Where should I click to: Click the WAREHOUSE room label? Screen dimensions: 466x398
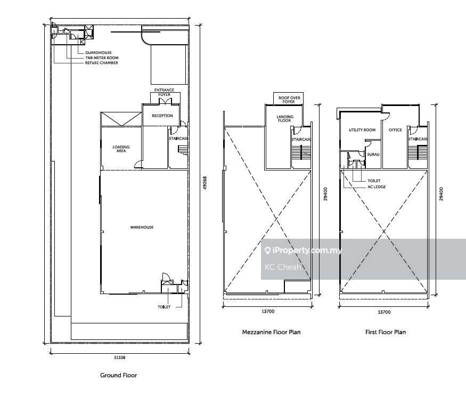[x=142, y=228]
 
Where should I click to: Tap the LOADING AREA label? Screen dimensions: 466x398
[x=121, y=149]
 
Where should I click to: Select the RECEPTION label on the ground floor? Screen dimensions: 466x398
[x=162, y=116]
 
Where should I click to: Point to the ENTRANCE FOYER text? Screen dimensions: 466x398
[x=165, y=92]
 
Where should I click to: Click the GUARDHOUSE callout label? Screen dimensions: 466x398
[x=99, y=53]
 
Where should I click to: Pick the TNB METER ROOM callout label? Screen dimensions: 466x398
[x=102, y=58]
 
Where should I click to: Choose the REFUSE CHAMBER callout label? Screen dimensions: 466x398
[x=101, y=63]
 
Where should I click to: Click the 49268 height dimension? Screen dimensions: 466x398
[x=205, y=183]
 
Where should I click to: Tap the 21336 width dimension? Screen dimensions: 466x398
[x=119, y=358]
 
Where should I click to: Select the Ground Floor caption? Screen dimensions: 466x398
[x=119, y=375]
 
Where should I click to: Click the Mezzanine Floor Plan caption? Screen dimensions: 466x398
[x=271, y=332]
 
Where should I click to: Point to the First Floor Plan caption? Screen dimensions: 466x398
[x=386, y=332]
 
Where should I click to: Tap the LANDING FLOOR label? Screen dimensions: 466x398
[x=285, y=119]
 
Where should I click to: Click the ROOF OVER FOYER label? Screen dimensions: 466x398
[x=289, y=100]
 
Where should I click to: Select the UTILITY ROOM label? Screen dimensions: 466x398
[x=362, y=130]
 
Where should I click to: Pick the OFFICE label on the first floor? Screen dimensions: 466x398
[x=395, y=130]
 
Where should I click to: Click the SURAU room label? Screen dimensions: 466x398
[x=373, y=155]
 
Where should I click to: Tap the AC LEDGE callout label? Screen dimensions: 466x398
[x=377, y=187]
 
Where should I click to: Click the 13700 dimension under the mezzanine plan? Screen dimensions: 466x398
[x=268, y=312]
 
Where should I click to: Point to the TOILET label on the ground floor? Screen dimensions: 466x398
[x=164, y=307]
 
